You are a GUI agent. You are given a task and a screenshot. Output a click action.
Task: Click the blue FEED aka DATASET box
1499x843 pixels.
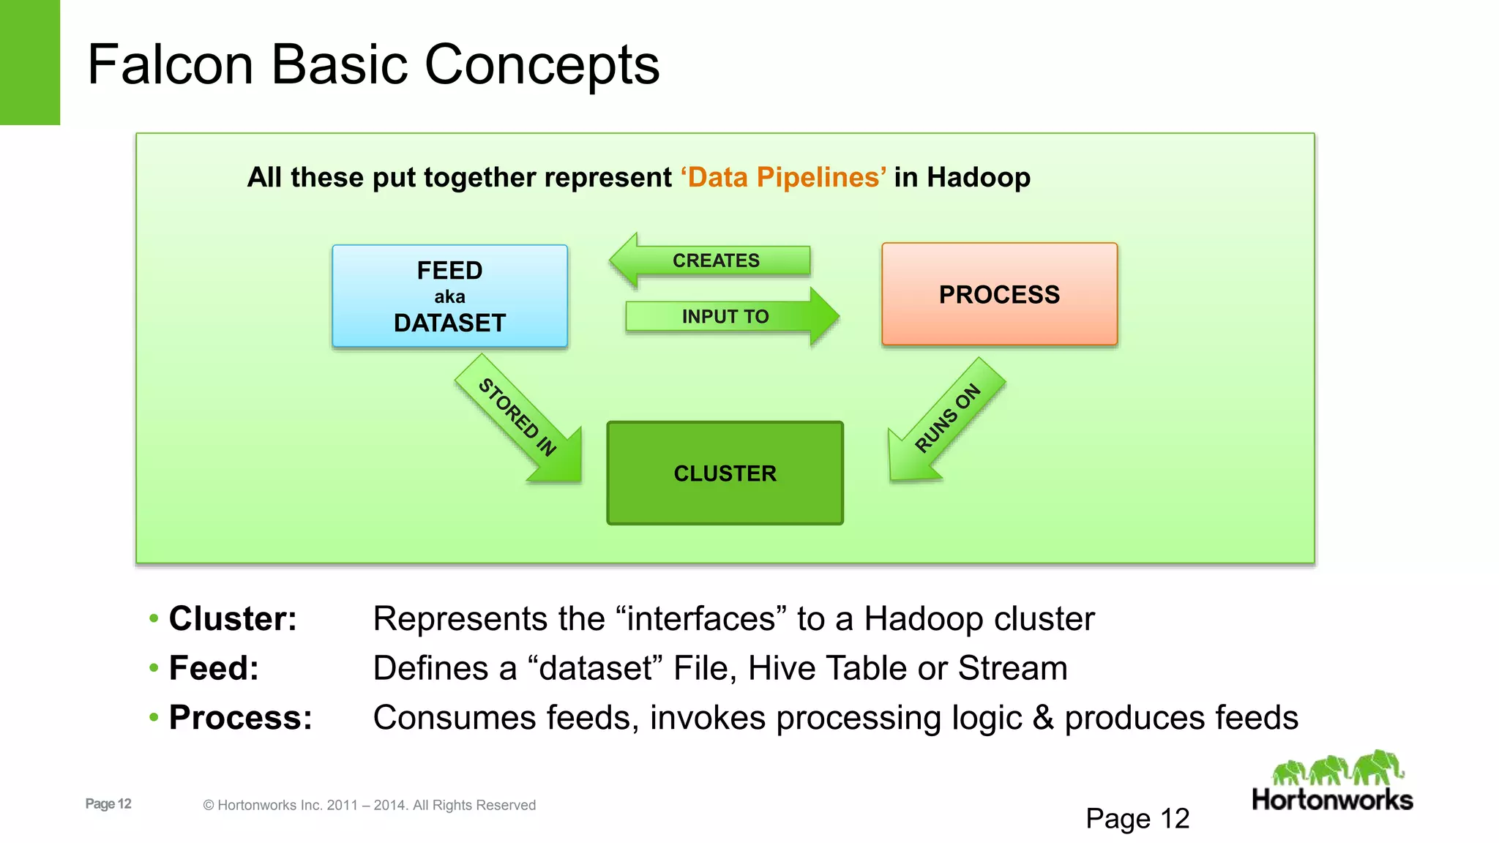click(x=449, y=296)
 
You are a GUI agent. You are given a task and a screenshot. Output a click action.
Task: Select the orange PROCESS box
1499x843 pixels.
click(x=999, y=294)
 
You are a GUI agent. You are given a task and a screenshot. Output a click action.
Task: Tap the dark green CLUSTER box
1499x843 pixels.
click(x=725, y=473)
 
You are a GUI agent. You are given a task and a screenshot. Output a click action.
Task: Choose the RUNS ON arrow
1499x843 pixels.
click(x=944, y=419)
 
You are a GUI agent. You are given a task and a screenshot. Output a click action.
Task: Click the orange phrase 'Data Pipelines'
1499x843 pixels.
click(x=784, y=177)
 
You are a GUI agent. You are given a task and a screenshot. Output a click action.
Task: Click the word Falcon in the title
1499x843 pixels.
click(x=171, y=64)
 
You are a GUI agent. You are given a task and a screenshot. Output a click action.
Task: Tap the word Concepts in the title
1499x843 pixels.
click(x=542, y=64)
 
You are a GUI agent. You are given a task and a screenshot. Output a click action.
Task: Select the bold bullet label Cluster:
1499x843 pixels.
click(x=233, y=618)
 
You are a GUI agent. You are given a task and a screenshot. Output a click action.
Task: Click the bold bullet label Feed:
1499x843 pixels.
click(x=214, y=668)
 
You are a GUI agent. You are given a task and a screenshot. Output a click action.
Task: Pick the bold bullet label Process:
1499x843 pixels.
click(x=240, y=717)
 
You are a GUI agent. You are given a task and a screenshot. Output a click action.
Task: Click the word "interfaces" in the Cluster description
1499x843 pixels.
click(x=701, y=618)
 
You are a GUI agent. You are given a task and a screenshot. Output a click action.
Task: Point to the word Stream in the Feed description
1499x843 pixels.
click(x=1012, y=668)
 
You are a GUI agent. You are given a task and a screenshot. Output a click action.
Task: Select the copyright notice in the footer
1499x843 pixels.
click(x=370, y=805)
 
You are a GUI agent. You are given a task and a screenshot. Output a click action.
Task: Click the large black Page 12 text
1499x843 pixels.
click(x=1137, y=818)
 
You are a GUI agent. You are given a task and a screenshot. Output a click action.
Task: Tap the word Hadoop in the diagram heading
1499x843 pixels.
click(x=979, y=177)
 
